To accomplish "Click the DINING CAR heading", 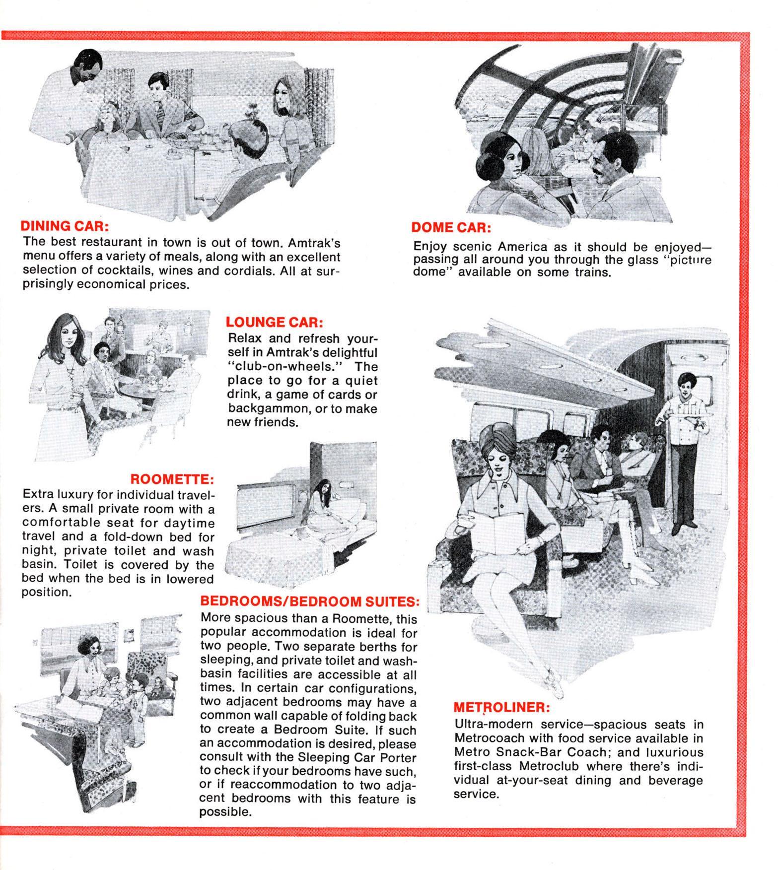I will tap(64, 226).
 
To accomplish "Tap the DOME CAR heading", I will tap(451, 228).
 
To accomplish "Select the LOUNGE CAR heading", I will tap(274, 322).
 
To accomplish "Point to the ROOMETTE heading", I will tap(172, 479).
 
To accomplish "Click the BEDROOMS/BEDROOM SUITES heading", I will tap(309, 602).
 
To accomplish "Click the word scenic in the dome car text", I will tap(473, 247).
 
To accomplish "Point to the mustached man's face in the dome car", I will tap(607, 159).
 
